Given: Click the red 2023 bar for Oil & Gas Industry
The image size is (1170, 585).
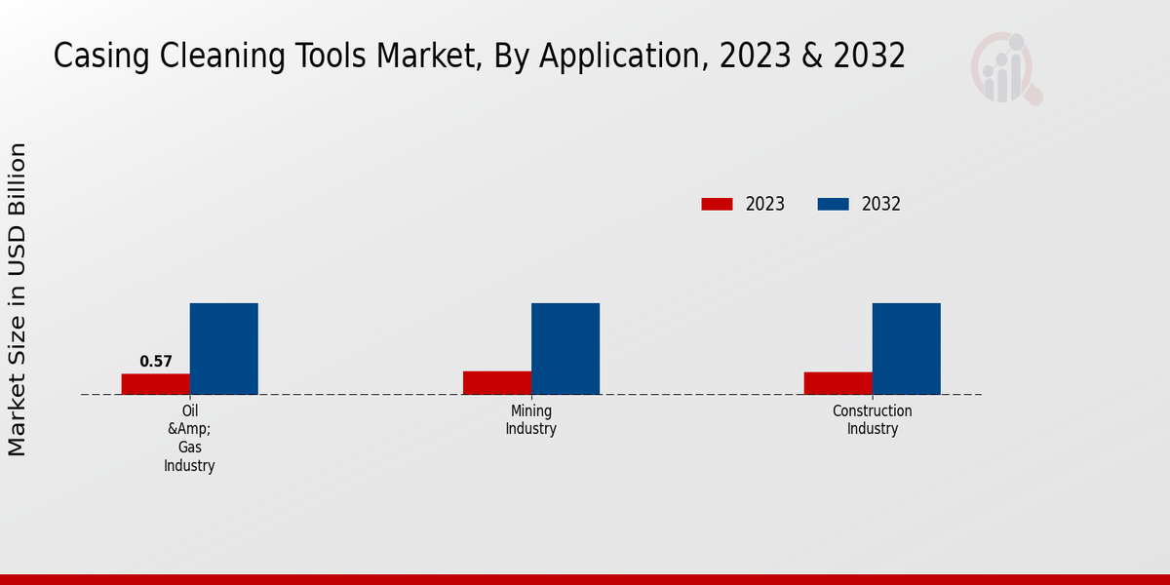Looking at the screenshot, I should [x=155, y=384].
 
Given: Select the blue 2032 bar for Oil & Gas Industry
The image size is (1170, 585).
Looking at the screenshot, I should [x=223, y=349].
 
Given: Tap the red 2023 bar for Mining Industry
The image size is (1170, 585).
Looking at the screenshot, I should [x=496, y=382].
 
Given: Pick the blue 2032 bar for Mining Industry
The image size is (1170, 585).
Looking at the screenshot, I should [x=565, y=349].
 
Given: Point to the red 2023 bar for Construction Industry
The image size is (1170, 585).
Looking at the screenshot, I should [x=838, y=383].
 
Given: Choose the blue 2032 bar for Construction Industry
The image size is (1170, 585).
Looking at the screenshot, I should [x=906, y=349].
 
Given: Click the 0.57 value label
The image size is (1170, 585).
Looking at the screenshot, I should [x=156, y=362].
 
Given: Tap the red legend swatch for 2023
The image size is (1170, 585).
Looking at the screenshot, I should [x=717, y=204].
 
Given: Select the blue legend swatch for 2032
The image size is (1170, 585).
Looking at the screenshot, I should [x=833, y=204].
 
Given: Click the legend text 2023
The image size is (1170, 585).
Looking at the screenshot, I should [x=764, y=204].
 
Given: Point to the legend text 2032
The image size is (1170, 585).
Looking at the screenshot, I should [x=880, y=204].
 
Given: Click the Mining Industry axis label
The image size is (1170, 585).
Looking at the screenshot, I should [x=530, y=420].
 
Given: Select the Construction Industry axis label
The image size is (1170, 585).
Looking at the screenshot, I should [x=872, y=420].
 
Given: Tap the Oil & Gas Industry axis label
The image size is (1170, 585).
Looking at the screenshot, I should [x=189, y=439].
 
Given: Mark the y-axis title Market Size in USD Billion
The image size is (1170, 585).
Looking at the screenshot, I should [x=18, y=299].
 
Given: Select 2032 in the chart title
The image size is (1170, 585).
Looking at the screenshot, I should [x=870, y=57].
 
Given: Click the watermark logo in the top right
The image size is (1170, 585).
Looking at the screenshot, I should [x=1005, y=69].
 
